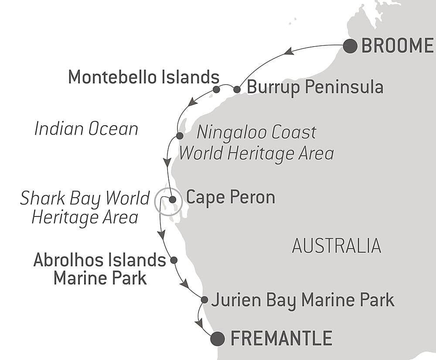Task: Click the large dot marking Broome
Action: coord(350,46)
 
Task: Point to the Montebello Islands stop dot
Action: coord(216,89)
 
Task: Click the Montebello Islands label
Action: coord(143,77)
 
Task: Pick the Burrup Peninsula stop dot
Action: coord(237,89)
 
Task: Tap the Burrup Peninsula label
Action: coord(315,87)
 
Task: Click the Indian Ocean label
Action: coord(86,129)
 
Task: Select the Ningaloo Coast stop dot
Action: coord(180,136)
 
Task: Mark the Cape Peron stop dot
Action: coord(173,199)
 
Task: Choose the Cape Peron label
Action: coord(231,198)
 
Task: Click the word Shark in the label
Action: coord(42,198)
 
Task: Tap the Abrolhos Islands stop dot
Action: coord(174,260)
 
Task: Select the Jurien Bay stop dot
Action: coord(204,299)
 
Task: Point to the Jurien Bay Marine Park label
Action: coord(303,300)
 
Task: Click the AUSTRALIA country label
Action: coord(337,246)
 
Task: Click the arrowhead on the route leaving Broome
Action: coord(289,51)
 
